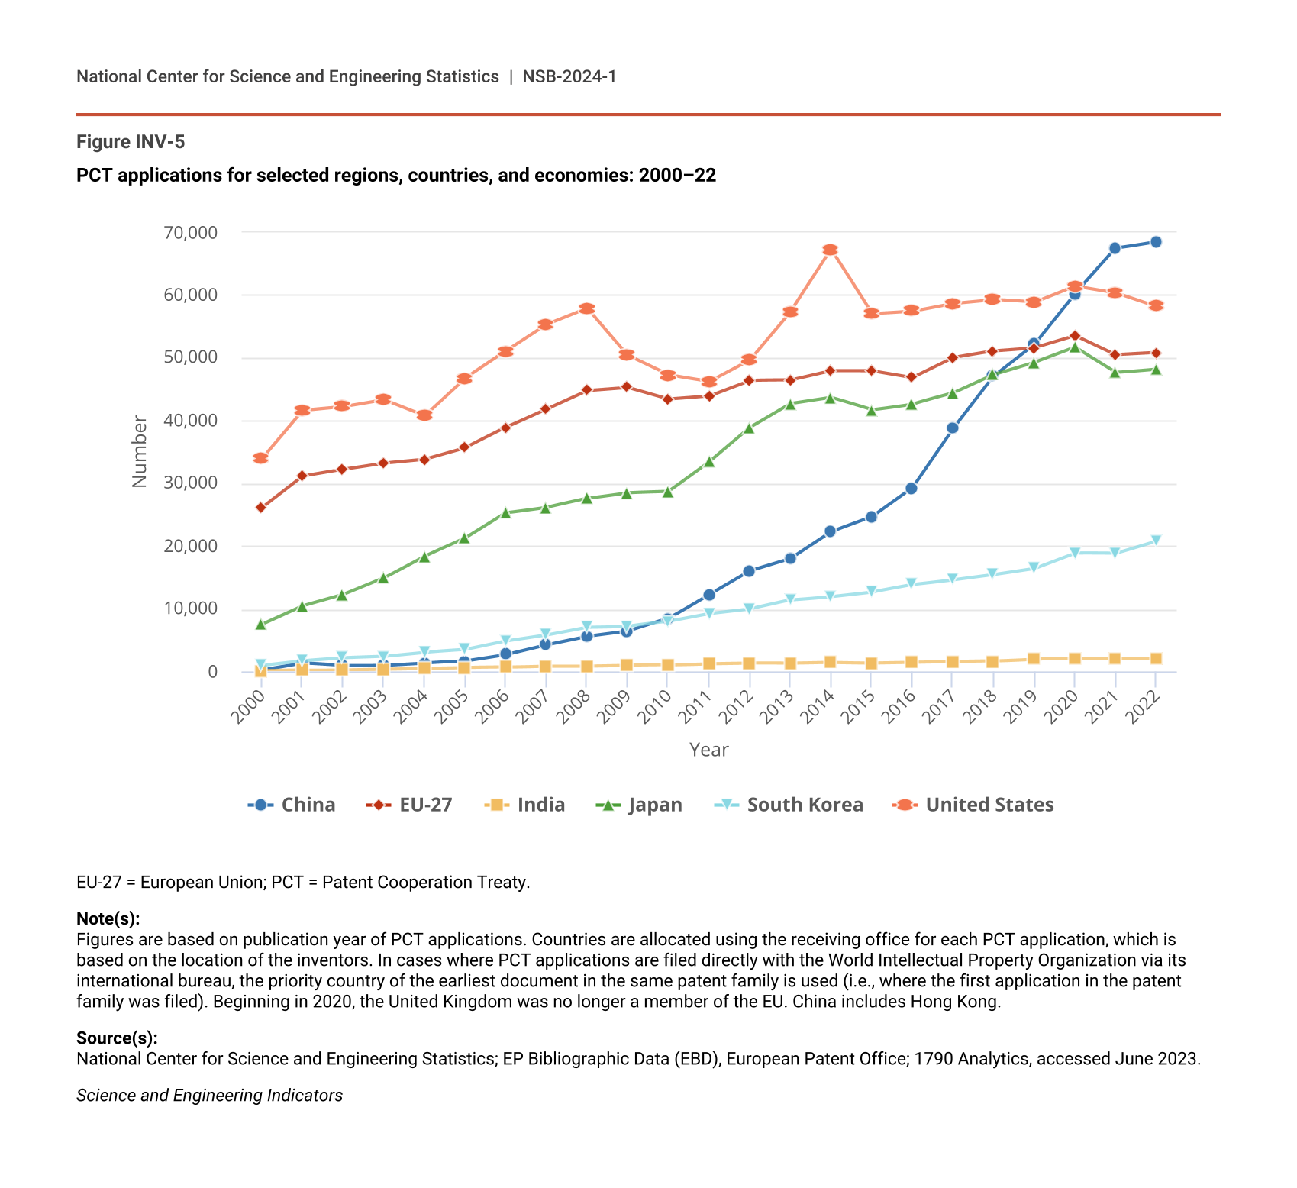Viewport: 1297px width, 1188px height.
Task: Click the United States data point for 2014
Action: [831, 250]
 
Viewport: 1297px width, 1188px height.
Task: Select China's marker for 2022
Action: [1156, 242]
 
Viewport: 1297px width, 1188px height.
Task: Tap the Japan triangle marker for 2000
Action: [260, 625]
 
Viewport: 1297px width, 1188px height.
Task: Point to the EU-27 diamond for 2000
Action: [260, 508]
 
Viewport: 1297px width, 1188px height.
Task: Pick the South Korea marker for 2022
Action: [1156, 541]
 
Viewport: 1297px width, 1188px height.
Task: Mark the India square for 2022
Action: [1156, 659]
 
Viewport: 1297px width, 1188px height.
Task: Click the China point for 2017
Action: [953, 428]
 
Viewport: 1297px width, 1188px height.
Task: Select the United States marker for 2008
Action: [586, 308]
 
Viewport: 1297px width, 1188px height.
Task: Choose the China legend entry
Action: [292, 805]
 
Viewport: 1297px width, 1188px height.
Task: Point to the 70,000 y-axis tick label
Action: [190, 232]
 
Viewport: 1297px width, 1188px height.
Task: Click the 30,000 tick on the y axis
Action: [190, 483]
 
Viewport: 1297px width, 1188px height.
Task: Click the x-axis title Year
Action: [708, 750]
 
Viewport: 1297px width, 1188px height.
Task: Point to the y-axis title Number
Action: [139, 451]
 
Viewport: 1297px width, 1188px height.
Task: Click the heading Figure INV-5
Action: [131, 142]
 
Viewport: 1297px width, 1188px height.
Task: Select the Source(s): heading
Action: [117, 1038]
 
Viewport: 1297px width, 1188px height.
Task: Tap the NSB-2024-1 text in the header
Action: [569, 76]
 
